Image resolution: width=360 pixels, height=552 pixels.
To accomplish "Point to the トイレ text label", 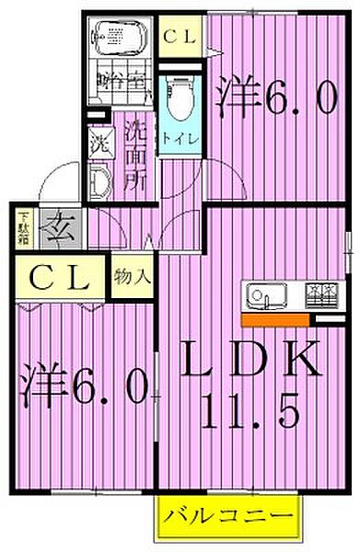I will pos(179,141).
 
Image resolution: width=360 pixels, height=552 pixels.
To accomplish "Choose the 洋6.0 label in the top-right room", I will pos(276,98).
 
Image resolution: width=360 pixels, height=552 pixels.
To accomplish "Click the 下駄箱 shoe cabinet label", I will pos(24,227).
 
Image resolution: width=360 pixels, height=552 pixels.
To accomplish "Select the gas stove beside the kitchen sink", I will pos(319,294).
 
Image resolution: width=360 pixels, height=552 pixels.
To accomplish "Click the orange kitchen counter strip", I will pos(276,319).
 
